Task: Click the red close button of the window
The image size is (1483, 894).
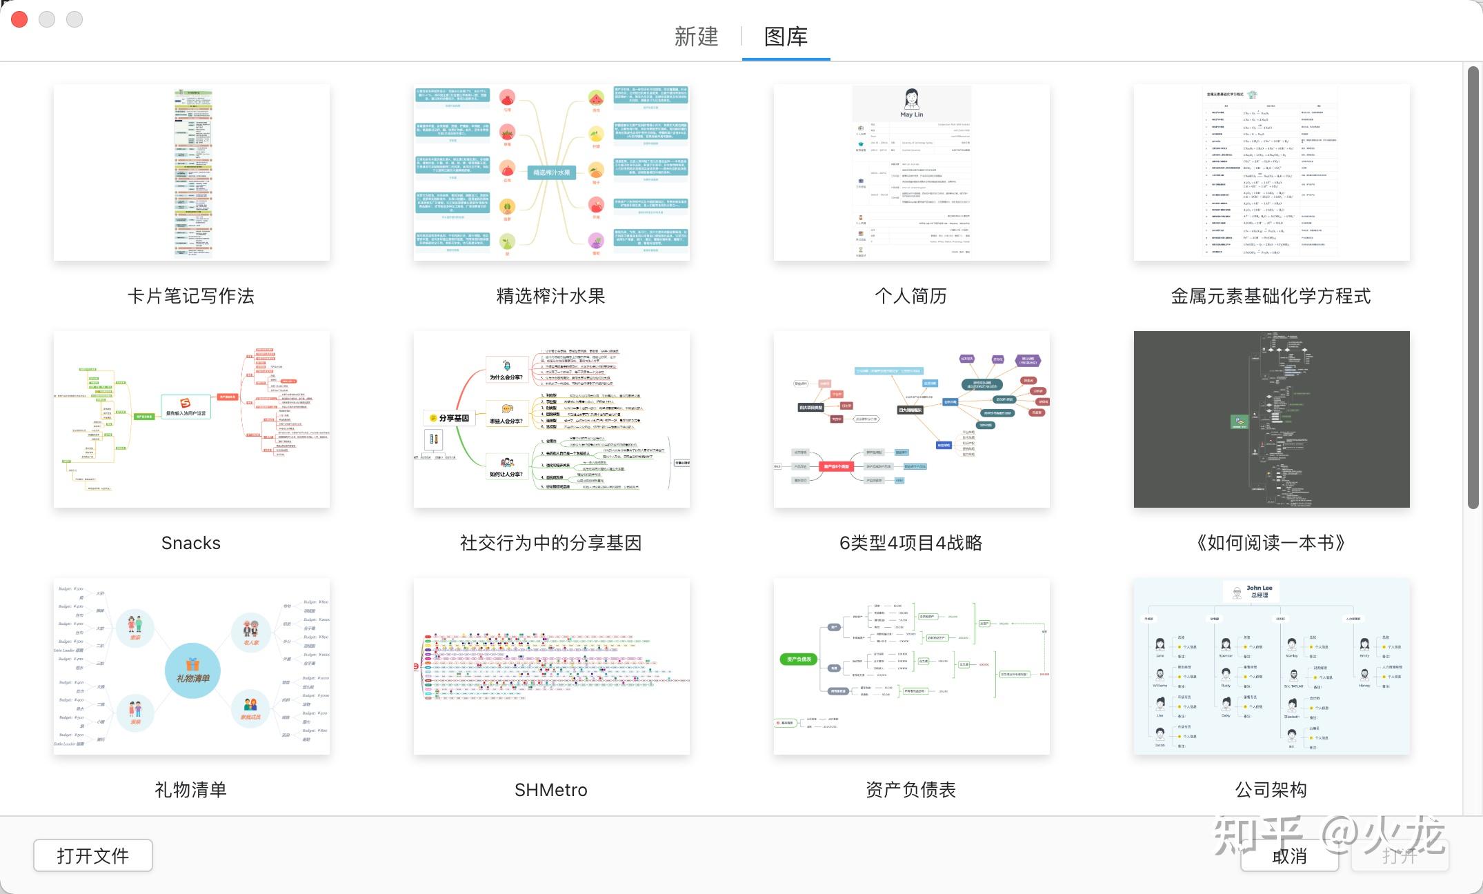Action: [19, 19]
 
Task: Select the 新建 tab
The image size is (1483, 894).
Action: [696, 37]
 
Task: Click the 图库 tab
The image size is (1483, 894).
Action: [786, 37]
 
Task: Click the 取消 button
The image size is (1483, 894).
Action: [1289, 856]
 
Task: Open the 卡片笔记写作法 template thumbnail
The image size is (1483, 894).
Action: [192, 172]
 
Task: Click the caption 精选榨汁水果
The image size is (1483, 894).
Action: [551, 296]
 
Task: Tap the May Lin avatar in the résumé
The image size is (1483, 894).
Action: [911, 99]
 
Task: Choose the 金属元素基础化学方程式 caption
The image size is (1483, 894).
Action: [1271, 296]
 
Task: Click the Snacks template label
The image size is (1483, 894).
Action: [191, 543]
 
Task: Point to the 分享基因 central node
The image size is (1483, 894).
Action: [450, 418]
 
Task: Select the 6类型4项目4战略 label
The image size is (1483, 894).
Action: [911, 543]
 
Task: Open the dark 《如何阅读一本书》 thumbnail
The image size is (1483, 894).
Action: [1271, 419]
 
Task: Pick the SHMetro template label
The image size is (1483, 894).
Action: [551, 790]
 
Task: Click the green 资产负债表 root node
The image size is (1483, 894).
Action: [798, 659]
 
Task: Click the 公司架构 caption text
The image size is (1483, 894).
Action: [1271, 790]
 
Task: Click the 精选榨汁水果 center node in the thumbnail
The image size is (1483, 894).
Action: [552, 172]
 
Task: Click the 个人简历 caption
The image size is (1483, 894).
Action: [911, 296]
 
